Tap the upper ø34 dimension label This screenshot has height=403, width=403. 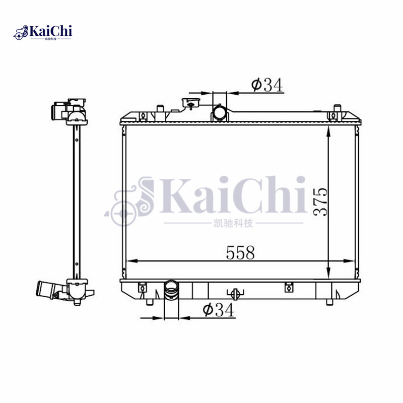tap(266, 86)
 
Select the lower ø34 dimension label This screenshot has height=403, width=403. tap(218, 311)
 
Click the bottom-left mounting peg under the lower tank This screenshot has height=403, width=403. tap(150, 302)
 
